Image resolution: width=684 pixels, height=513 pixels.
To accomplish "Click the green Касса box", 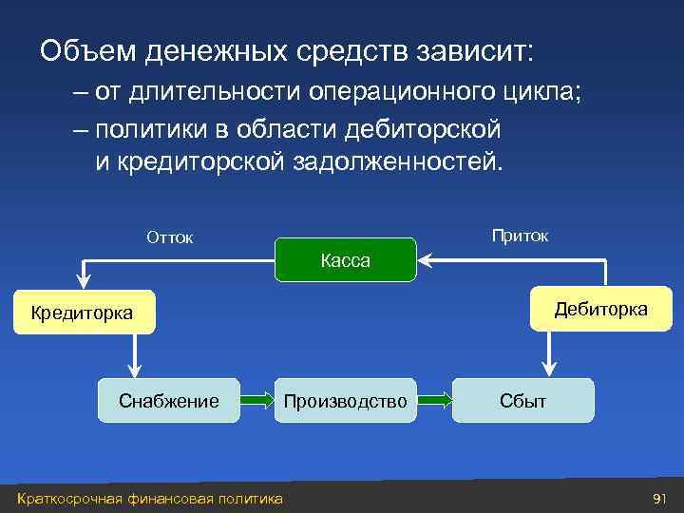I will (x=346, y=259).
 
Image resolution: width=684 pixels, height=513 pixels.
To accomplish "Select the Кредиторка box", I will (x=84, y=312).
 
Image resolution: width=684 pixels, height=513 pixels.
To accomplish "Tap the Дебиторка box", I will (x=600, y=310).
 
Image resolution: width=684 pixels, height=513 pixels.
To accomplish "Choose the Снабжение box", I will (x=169, y=401).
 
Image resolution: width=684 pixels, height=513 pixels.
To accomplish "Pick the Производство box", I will (x=346, y=401).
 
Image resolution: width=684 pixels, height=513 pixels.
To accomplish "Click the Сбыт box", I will (x=523, y=401).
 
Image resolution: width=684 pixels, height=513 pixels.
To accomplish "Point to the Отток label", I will (x=169, y=237).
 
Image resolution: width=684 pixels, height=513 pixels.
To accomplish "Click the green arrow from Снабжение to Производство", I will (x=257, y=401).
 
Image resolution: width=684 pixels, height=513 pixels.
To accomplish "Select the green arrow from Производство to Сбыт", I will (x=434, y=401).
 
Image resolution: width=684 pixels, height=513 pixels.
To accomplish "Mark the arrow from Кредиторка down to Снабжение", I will (x=134, y=356).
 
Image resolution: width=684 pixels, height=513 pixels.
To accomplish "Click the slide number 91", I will (x=659, y=499).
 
